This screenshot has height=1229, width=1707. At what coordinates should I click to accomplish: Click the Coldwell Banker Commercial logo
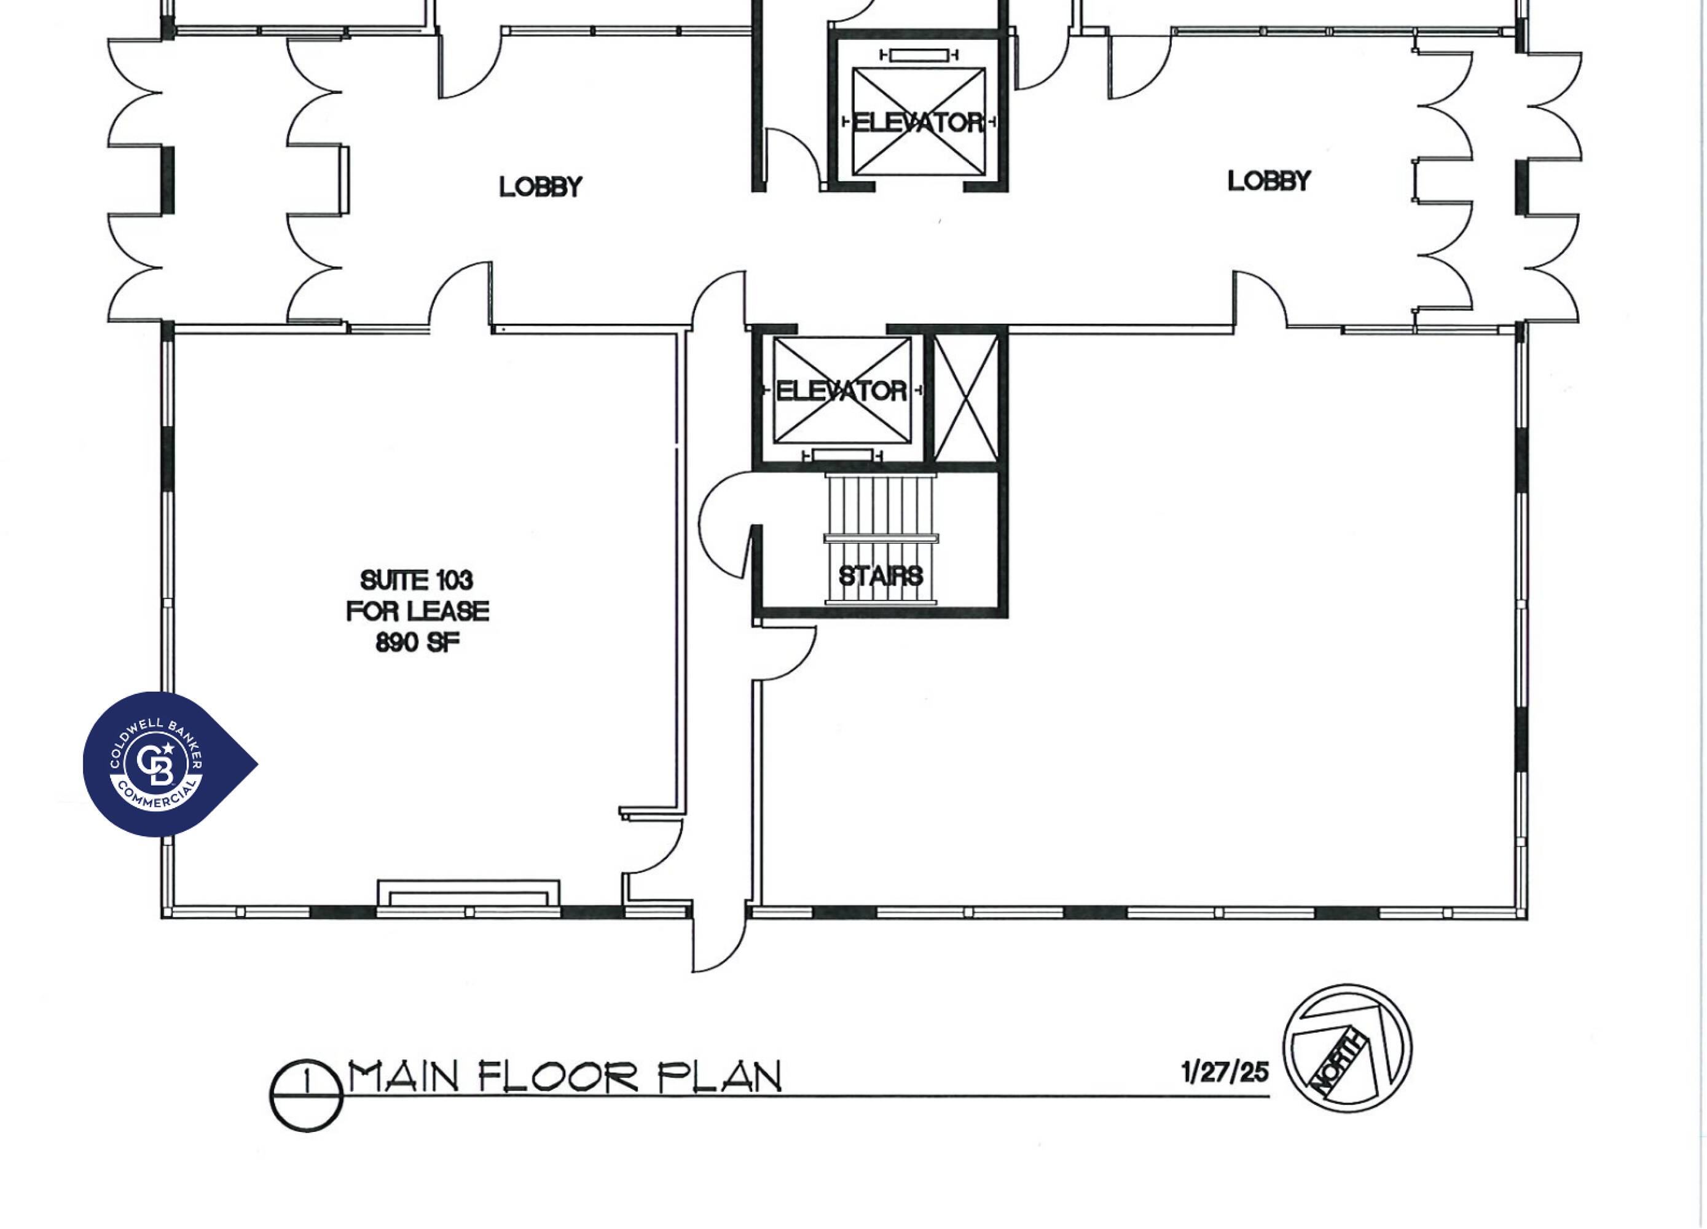tap(170, 764)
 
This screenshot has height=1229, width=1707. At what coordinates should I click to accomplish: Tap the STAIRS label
tap(881, 576)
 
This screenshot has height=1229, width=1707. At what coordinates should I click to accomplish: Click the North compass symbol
tap(1348, 1048)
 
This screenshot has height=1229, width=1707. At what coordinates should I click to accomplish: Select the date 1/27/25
tap(1225, 1071)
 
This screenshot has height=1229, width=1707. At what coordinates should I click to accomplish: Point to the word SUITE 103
tap(416, 579)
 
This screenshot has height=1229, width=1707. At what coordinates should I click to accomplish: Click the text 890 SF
tap(417, 642)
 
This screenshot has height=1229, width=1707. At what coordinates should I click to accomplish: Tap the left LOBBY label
tap(540, 187)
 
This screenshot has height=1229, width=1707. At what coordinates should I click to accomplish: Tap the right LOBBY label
tap(1269, 181)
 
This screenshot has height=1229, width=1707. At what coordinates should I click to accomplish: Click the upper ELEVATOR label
tap(917, 122)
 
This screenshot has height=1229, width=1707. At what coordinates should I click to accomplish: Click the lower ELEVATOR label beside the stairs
tap(841, 391)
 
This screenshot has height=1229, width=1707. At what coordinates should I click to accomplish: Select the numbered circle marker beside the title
tap(307, 1096)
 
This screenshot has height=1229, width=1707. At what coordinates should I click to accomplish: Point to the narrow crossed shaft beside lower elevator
tap(966, 398)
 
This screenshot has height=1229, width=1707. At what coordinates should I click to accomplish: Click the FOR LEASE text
tap(417, 611)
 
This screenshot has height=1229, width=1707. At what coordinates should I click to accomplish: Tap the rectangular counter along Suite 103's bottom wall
tap(468, 893)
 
